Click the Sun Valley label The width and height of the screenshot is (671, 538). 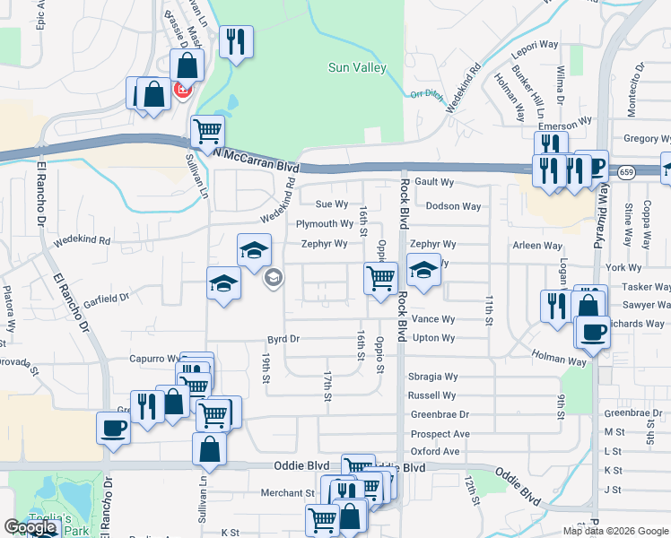point(358,67)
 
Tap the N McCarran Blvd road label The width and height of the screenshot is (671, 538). point(257,160)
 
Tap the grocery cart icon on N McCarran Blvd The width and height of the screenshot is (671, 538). point(208,131)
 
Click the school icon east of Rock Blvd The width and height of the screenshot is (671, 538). point(423,268)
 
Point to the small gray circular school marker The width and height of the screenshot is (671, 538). point(272,278)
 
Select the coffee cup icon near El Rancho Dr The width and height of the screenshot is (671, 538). point(113,427)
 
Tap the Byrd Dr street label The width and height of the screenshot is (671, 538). point(283,339)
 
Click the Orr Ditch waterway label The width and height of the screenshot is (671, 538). point(427,94)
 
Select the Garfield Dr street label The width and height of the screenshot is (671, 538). point(109,296)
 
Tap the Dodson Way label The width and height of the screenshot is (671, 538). point(453,206)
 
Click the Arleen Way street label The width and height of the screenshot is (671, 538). point(537,245)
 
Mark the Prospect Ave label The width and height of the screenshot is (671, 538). point(440,434)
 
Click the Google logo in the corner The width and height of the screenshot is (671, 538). point(30,527)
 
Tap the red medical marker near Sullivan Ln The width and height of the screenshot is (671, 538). point(183,90)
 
